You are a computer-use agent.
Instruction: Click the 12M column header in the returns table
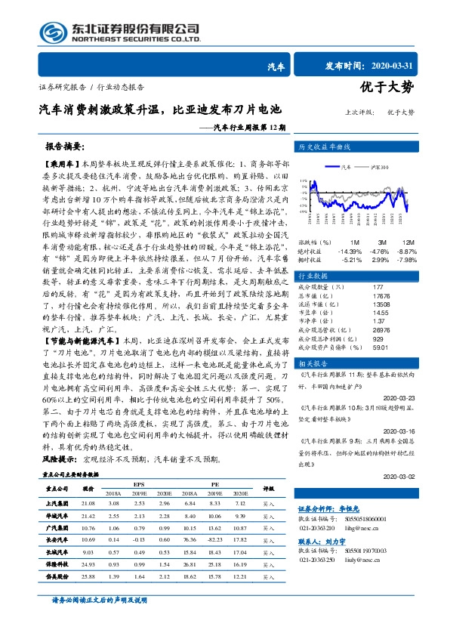405,242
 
